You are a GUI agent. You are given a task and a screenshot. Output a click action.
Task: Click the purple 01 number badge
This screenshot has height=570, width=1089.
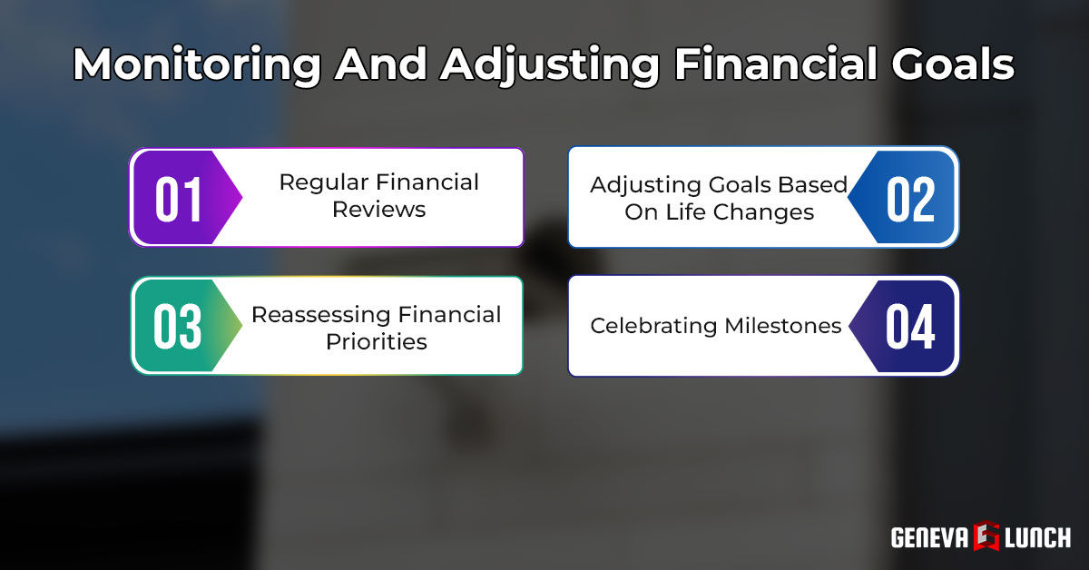180,198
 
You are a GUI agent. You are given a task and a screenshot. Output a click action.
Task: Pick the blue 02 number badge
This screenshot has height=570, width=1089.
910,198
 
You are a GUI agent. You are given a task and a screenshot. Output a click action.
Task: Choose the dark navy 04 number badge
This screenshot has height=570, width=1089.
910,327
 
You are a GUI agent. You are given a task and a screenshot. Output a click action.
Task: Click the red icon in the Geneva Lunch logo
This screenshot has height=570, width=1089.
986,537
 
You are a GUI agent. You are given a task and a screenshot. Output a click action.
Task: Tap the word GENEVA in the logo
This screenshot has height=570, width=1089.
930,537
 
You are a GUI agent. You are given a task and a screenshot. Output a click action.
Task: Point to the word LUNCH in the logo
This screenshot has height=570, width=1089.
1037,537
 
